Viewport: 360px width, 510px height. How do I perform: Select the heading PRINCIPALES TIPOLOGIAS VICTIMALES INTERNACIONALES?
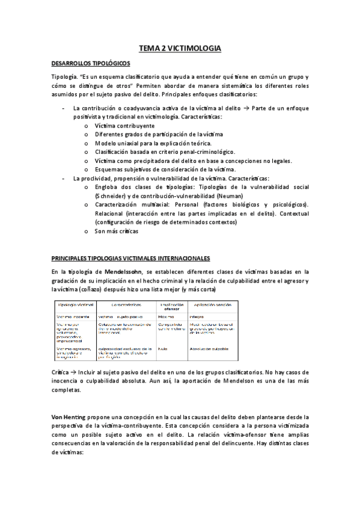click(130, 259)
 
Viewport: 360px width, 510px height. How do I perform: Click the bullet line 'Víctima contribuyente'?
click(124, 126)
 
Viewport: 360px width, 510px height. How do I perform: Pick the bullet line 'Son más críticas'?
click(116, 230)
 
